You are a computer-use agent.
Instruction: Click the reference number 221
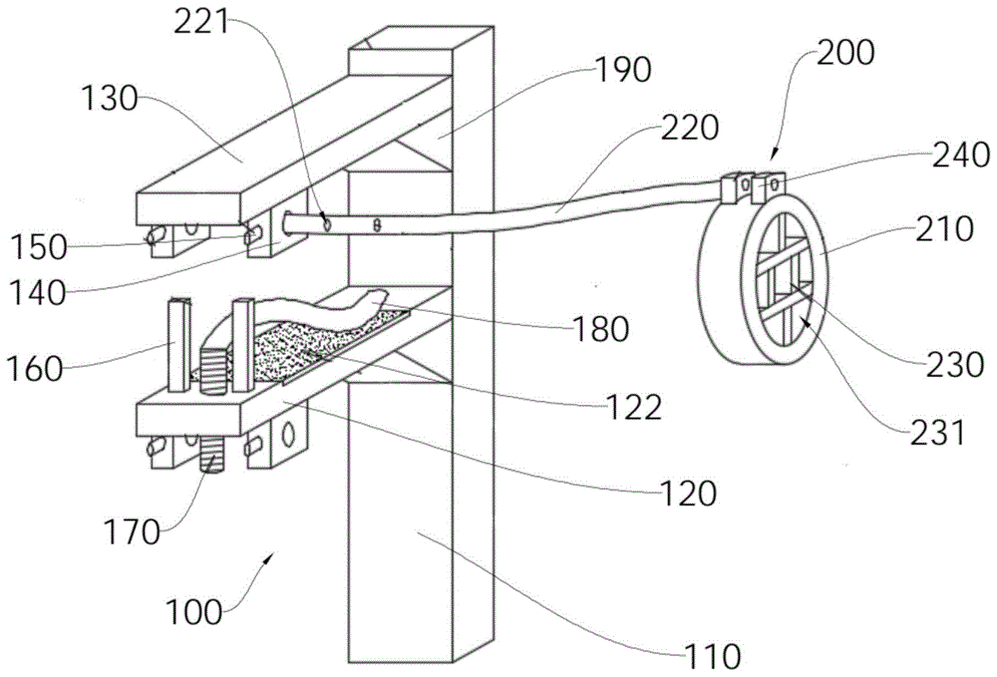(x=201, y=23)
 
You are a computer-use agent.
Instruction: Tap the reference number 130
(x=110, y=99)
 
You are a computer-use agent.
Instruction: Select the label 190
(x=622, y=69)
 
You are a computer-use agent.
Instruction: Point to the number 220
(x=690, y=128)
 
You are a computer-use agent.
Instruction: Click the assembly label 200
(x=845, y=53)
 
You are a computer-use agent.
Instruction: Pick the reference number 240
(x=961, y=155)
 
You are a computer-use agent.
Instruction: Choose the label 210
(x=944, y=228)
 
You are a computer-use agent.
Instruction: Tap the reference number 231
(x=936, y=433)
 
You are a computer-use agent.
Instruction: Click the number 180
(x=600, y=329)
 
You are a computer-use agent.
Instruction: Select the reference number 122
(x=634, y=407)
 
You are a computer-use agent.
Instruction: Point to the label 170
(x=133, y=531)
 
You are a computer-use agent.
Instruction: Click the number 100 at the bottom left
(x=194, y=612)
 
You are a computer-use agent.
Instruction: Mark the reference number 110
(x=712, y=656)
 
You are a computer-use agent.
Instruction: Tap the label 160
(x=35, y=369)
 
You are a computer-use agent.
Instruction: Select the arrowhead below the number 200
(x=774, y=155)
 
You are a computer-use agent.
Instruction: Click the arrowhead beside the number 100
(x=269, y=557)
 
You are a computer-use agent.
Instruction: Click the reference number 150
(x=38, y=246)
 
